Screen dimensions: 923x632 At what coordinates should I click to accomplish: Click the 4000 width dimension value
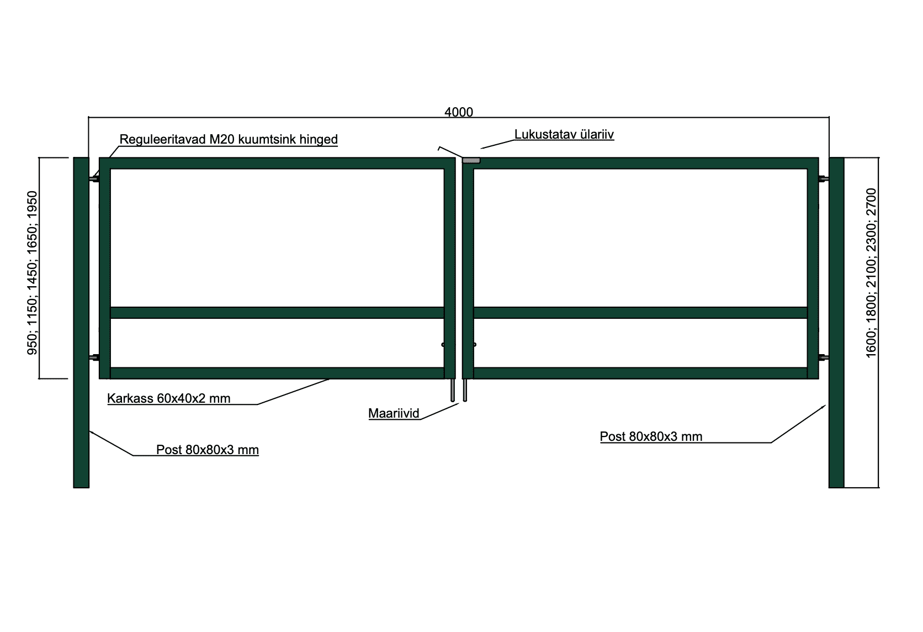pos(459,112)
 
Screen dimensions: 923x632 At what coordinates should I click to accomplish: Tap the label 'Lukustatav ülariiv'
pos(564,134)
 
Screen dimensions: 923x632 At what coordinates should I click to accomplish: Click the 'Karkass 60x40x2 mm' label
pos(168,398)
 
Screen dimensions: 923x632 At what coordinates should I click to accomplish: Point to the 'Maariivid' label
pos(394,413)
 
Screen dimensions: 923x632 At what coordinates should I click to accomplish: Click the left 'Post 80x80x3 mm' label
pos(207,449)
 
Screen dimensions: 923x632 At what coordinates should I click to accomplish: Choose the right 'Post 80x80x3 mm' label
pos(651,436)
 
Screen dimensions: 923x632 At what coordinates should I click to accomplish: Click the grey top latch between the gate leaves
pos(471,160)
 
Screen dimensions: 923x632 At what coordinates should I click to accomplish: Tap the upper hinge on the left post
pos(94,179)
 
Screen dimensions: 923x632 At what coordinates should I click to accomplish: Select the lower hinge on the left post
pos(94,357)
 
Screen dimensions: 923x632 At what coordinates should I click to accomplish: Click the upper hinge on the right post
pos(824,179)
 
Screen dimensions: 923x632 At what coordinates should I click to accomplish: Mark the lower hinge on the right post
pos(824,357)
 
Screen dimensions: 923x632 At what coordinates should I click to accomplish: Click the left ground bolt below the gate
pos(453,390)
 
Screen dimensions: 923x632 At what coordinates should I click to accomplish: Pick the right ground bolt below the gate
pos(465,390)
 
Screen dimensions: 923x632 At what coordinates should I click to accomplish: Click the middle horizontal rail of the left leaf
pos(277,313)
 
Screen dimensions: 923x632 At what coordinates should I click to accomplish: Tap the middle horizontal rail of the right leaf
pos(640,313)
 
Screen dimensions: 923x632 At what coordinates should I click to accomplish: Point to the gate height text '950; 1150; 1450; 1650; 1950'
pos(32,273)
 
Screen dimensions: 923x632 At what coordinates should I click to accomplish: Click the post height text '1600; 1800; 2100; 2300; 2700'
pos(871,273)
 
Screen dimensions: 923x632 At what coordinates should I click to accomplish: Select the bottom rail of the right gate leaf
pos(640,373)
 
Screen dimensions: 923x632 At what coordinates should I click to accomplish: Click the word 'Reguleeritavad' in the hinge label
pos(163,139)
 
